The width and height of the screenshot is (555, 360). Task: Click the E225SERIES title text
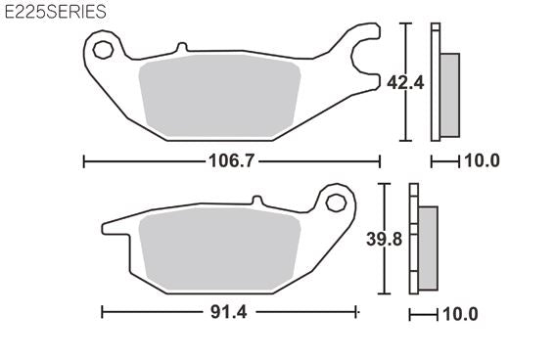[x=56, y=12]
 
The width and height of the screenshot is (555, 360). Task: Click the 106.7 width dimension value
[x=231, y=161]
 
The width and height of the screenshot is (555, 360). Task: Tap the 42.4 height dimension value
[x=405, y=83]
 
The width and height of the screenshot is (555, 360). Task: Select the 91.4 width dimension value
[x=229, y=312]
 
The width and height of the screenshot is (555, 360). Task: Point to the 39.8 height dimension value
[x=384, y=239]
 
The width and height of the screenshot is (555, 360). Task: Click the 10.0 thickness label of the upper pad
[x=482, y=160]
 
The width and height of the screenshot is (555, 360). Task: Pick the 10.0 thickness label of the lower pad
[x=460, y=314]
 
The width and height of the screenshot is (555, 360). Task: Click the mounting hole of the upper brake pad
[x=103, y=50]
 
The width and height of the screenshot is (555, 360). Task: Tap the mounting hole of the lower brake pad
[x=336, y=203]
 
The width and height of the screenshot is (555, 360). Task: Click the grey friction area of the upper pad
[x=220, y=96]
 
